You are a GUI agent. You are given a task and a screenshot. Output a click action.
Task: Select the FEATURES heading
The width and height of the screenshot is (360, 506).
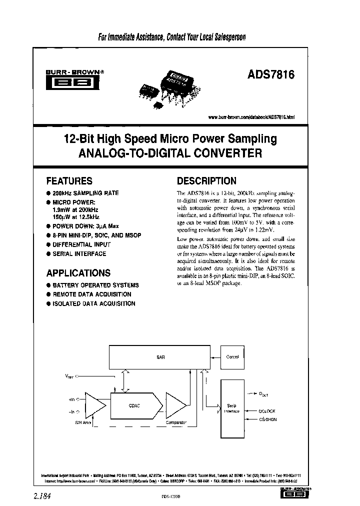click(x=69, y=181)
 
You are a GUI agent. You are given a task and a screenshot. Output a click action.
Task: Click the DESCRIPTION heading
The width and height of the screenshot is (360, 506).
click(x=206, y=181)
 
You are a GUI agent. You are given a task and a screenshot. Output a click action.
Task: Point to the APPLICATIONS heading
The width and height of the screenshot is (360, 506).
click(x=78, y=273)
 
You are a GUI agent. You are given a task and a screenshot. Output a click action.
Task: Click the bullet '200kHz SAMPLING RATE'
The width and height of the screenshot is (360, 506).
click(x=85, y=193)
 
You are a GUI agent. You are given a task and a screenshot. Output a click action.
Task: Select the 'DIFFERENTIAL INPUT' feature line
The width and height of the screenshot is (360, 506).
click(x=81, y=244)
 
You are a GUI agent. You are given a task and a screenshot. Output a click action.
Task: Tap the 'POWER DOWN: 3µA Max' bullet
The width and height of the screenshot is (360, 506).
click(x=86, y=226)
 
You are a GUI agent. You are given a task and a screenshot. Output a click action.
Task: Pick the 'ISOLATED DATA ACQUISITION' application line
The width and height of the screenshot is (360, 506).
click(x=94, y=303)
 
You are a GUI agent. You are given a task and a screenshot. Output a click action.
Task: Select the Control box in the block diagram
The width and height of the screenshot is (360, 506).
click(x=233, y=357)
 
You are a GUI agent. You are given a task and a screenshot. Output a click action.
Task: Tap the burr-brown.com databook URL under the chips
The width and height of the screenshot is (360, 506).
click(x=251, y=117)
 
